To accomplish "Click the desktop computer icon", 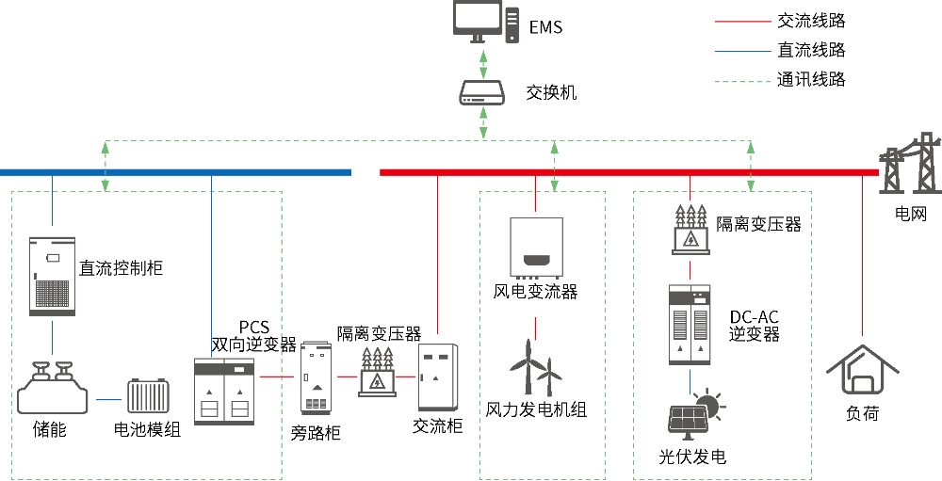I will point(484,22).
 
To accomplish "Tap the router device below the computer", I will point(482,92).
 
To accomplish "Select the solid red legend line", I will point(742,21).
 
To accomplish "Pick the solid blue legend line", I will point(742,51).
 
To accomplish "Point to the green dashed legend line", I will point(742,82).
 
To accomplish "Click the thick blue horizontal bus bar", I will point(175,172).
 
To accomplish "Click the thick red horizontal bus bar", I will point(628,172).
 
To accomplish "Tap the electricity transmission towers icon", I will point(911,165).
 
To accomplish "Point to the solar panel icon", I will point(688,420).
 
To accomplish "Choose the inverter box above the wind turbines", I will point(536,248).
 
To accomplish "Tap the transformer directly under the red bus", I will point(690,231).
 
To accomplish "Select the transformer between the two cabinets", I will point(377,373).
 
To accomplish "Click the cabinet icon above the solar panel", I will point(690,324).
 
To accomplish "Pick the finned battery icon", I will point(148,395).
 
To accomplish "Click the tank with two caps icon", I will point(53,390).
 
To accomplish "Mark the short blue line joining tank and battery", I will point(108,400).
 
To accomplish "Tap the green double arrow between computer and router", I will point(483,63).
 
